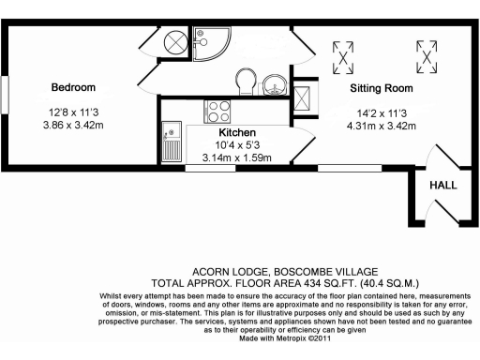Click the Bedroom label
[73, 87]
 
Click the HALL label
[442, 186]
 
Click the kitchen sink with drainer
[172, 141]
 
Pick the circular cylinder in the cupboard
[173, 42]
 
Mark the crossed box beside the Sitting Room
[304, 97]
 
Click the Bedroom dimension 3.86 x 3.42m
[74, 123]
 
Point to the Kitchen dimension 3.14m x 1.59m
[236, 157]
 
